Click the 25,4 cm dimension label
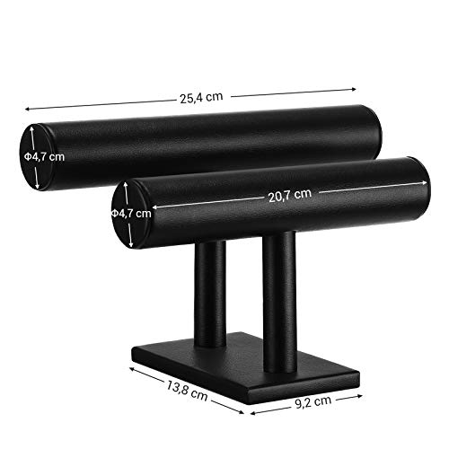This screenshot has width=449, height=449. coord(201,98)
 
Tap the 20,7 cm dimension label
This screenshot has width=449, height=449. coord(290,195)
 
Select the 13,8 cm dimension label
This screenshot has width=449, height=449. coord(187,390)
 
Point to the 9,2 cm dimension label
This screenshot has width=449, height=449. coord(313,401)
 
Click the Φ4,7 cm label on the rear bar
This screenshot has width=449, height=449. coord(44,156)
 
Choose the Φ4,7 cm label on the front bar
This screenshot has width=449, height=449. coord(131,214)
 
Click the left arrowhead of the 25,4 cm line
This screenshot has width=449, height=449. coord(28,109)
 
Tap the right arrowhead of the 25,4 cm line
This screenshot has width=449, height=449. coord(354,89)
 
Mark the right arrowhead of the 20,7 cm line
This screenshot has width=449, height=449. coord(425,182)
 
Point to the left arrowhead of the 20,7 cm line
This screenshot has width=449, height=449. coord(155,207)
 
